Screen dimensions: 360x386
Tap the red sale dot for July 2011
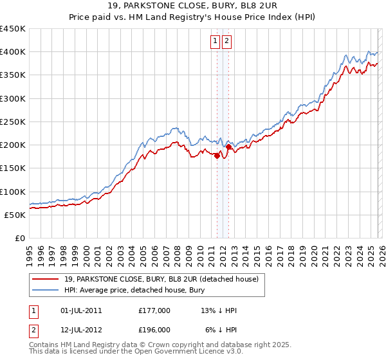point(217,156)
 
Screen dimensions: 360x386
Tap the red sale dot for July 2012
point(228,147)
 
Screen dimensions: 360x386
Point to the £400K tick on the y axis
point(13,52)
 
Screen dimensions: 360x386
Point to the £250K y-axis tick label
point(13,122)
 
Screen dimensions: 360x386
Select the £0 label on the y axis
point(20,238)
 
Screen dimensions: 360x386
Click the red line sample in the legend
point(46,279)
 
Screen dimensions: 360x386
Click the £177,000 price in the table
point(154,310)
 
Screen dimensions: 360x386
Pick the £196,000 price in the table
point(154,329)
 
